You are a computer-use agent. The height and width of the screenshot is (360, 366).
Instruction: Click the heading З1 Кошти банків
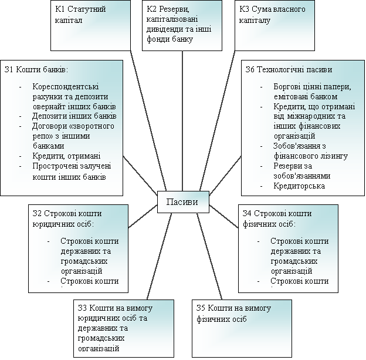(36, 69)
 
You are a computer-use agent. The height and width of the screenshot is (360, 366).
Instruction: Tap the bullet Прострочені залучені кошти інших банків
(69, 171)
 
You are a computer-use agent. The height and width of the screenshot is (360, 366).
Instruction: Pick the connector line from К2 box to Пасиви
(183, 117)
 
